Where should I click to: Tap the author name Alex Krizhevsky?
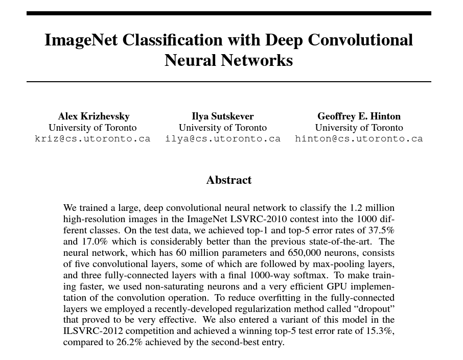point(94,116)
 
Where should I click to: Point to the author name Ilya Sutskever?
point(223,116)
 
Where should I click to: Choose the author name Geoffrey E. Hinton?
point(359,116)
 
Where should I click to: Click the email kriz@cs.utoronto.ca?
point(92,139)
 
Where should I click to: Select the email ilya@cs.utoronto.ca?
point(223,139)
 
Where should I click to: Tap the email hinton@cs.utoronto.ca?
point(359,139)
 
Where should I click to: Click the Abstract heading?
point(229,180)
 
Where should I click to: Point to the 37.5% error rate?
point(382,230)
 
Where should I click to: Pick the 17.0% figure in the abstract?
point(94,242)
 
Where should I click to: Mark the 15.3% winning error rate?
point(381,331)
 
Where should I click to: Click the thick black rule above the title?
point(229,13)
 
